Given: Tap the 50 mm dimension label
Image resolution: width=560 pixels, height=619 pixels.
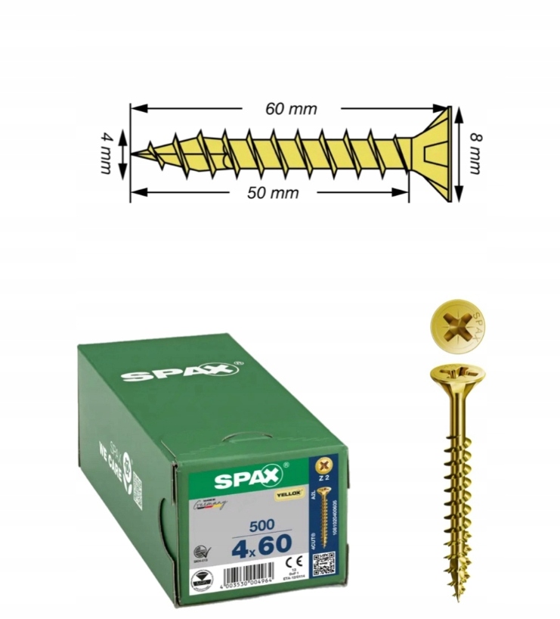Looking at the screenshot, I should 273,193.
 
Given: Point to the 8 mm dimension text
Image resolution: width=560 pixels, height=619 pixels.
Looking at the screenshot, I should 474,154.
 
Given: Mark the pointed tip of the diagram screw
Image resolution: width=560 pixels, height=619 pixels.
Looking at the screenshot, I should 135,154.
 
